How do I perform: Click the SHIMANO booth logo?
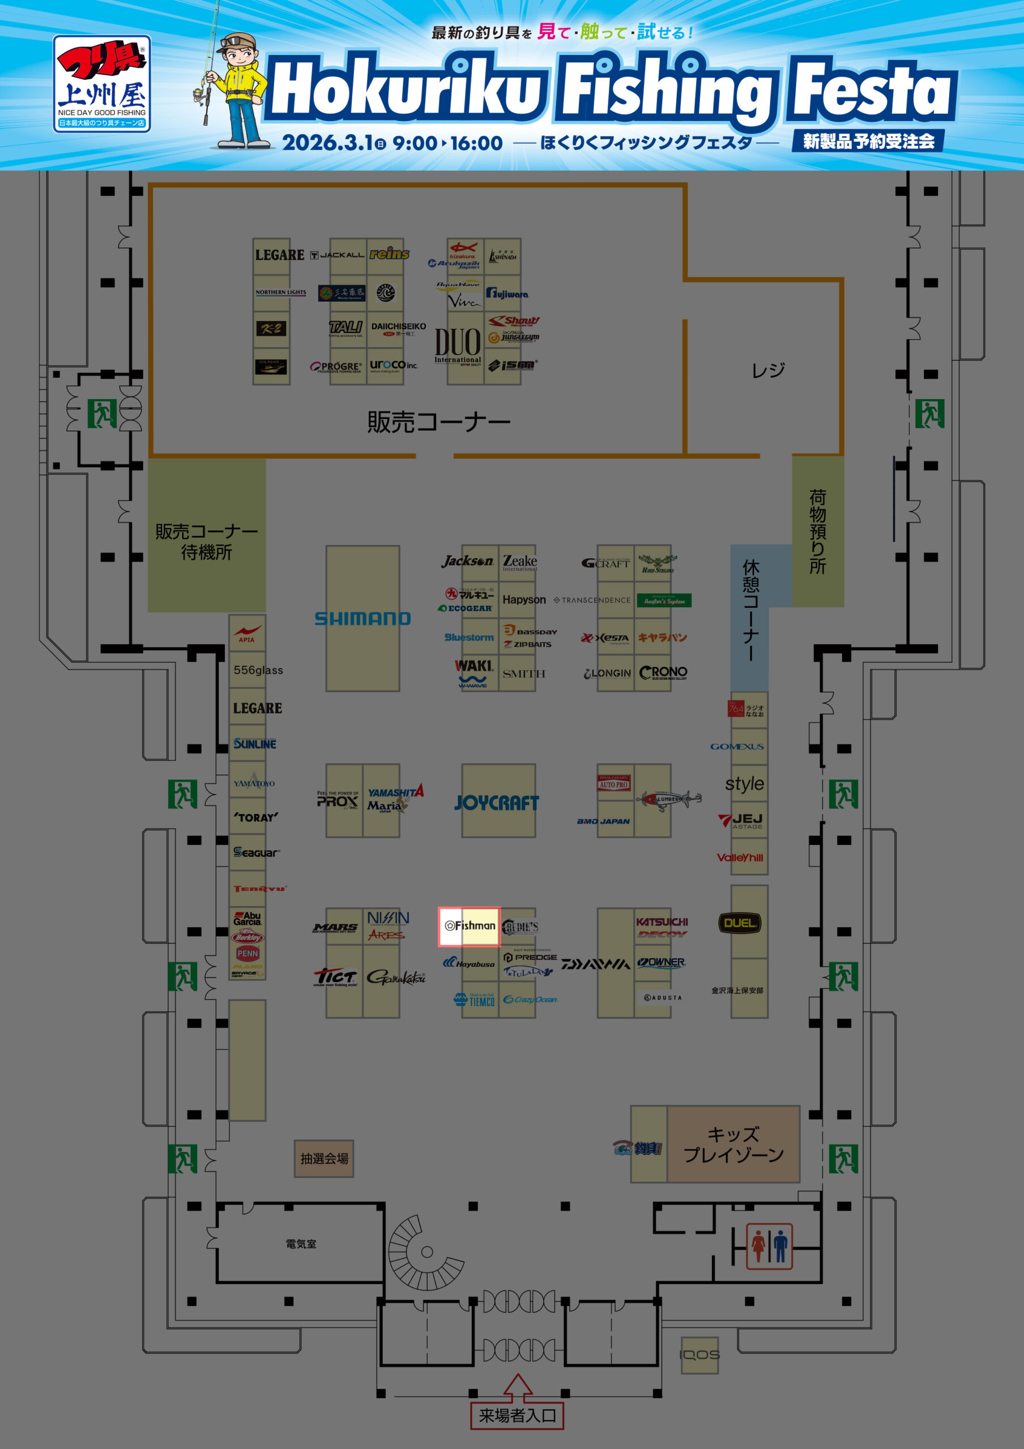click(x=362, y=619)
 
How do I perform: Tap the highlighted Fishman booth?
click(x=469, y=926)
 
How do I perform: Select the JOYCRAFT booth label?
click(x=497, y=802)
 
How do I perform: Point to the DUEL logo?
click(x=739, y=923)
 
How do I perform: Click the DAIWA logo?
click(x=595, y=964)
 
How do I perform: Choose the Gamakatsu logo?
click(x=396, y=978)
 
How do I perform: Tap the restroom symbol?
click(x=769, y=1246)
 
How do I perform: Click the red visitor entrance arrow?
click(x=518, y=1387)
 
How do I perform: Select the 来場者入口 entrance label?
click(x=517, y=1416)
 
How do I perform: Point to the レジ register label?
click(x=767, y=370)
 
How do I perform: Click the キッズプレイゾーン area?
click(x=733, y=1144)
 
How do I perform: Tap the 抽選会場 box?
click(x=324, y=1159)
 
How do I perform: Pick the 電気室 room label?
click(x=301, y=1244)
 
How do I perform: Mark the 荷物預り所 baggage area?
click(x=818, y=531)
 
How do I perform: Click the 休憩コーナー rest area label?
click(x=750, y=610)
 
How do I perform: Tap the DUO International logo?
click(x=458, y=346)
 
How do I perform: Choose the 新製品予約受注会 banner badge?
click(x=868, y=141)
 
